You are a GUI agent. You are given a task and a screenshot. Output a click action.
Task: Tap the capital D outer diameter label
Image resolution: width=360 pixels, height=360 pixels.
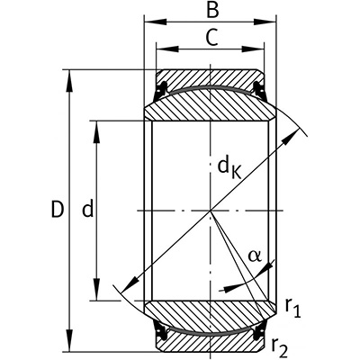(56, 211)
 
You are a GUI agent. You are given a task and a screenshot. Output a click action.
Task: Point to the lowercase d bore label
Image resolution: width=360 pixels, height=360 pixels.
(87, 210)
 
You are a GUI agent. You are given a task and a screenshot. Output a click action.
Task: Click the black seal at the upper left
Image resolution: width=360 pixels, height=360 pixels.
(164, 88)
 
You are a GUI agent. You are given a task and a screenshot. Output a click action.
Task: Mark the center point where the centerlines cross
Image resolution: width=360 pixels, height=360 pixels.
(211, 211)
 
